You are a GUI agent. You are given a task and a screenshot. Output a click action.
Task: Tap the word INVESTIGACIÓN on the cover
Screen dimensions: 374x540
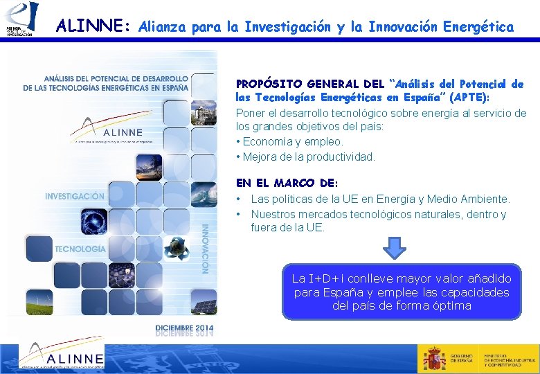coord(75,196)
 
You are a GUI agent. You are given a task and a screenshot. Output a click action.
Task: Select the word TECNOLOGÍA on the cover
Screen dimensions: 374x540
coord(80,248)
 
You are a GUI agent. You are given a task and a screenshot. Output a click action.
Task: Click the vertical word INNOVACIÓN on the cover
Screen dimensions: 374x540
coord(205,248)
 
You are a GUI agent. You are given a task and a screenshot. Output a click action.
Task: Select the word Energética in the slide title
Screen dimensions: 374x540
coord(478,27)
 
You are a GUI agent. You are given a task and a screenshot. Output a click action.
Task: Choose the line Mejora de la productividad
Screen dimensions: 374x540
coord(308,157)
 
